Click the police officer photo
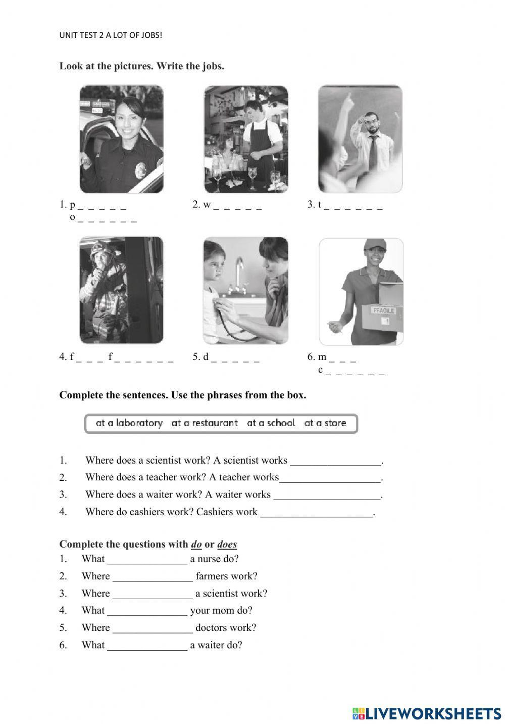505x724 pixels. (121, 139)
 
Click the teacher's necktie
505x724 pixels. (373, 152)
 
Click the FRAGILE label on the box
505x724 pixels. (383, 310)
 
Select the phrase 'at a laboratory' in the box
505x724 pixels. (129, 423)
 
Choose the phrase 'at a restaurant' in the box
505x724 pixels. (205, 423)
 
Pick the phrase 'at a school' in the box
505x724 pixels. (271, 423)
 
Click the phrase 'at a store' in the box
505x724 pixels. (325, 423)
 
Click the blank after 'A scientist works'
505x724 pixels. (336, 461)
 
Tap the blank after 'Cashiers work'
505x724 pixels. (317, 513)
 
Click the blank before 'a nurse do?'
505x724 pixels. (147, 560)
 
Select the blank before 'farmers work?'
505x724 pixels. (153, 577)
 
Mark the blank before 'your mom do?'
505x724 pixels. (147, 611)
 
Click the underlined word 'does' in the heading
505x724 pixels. (227, 545)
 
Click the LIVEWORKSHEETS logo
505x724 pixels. (427, 713)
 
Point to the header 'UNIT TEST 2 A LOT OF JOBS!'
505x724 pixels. (111, 35)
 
